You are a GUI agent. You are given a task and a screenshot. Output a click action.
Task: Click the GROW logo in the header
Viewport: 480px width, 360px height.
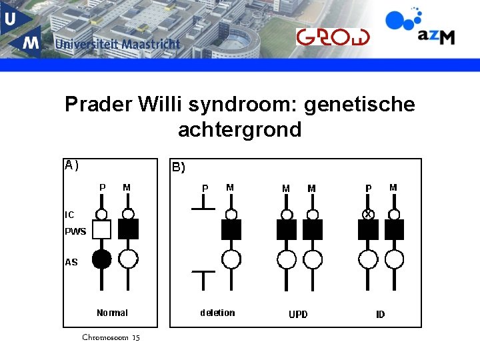332,37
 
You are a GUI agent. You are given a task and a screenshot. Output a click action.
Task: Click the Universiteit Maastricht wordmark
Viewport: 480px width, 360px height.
117,45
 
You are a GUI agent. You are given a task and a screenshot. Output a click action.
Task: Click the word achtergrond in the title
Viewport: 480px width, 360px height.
239,129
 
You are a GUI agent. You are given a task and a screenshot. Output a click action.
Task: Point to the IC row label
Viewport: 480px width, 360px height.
69,215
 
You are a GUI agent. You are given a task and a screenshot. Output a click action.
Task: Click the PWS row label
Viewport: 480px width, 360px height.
75,232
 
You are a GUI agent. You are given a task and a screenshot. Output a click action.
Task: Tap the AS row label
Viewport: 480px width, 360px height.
71,262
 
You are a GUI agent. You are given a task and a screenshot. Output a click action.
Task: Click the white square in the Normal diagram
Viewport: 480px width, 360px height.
101,230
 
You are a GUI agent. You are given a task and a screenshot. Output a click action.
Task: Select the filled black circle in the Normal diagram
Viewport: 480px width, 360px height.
101,259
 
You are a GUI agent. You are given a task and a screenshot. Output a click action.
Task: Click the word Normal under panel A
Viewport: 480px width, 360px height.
112,313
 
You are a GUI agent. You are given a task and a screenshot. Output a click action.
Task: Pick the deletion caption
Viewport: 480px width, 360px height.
217,313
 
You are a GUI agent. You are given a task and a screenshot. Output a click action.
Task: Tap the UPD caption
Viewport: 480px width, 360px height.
298,314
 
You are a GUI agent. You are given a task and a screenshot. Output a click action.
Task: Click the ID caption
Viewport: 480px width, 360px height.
380,314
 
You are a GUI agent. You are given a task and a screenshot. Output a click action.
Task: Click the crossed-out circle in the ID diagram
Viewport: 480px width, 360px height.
367,214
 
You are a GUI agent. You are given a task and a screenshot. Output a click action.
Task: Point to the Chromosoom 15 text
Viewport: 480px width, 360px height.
111,337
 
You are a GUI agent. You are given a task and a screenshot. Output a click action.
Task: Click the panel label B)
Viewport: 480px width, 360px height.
179,168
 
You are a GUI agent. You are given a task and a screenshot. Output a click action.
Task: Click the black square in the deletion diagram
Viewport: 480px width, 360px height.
231,229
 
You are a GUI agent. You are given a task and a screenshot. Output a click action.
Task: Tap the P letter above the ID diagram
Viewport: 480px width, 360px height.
368,189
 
